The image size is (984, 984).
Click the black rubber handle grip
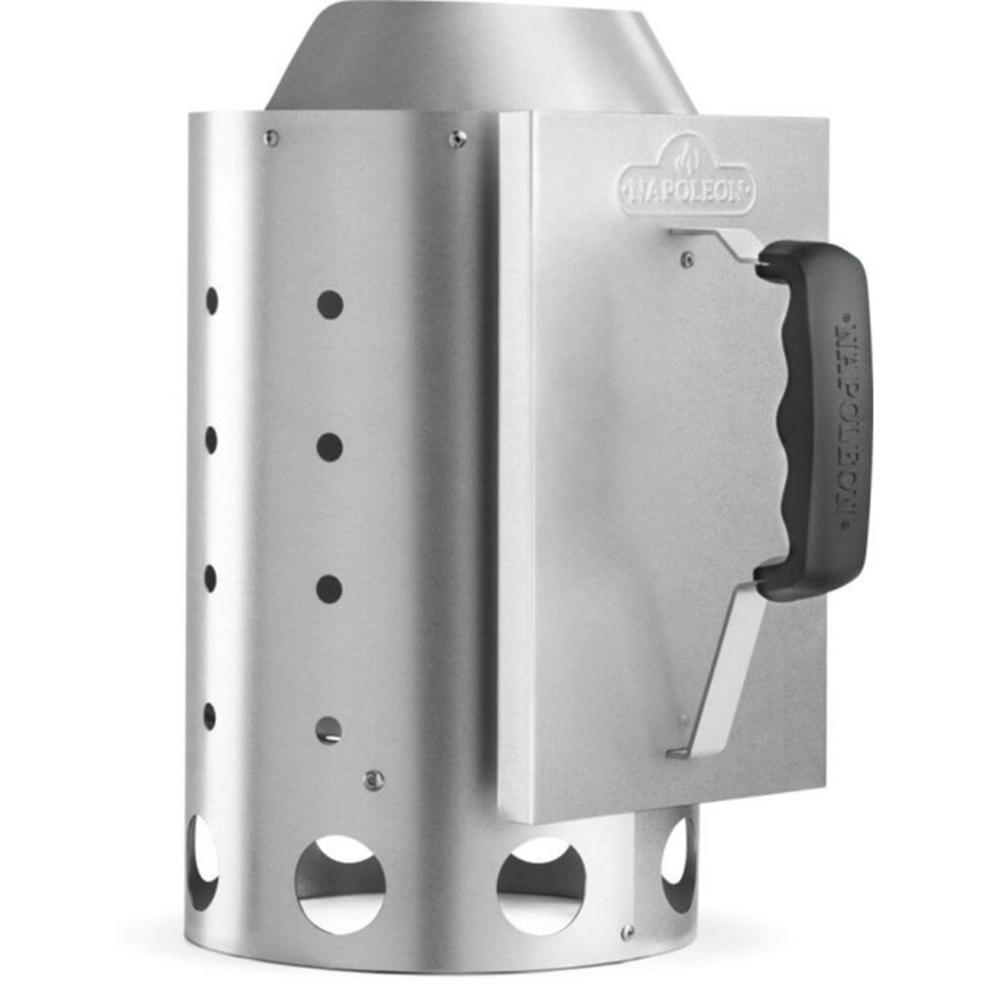point(814,420)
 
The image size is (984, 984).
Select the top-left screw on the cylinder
point(272,138)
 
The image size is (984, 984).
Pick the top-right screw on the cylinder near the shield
point(459,139)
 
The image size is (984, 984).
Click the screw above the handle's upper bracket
point(688,258)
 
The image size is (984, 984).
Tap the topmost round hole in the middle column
point(330,305)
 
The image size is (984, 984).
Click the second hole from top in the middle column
point(330,447)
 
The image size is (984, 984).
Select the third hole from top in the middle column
point(329,589)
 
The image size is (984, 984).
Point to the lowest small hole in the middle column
point(329,730)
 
